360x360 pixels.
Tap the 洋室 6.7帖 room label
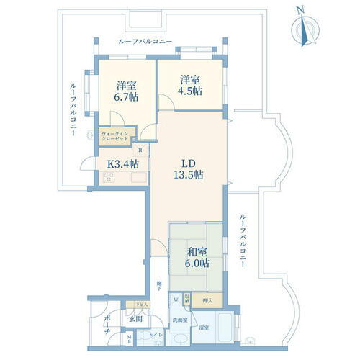click(x=127, y=91)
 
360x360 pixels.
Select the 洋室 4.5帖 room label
click(x=190, y=86)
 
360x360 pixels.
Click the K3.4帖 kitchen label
click(x=122, y=163)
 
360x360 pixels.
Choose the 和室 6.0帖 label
click(x=194, y=258)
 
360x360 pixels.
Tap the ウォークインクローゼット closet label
click(x=116, y=136)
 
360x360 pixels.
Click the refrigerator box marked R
click(x=140, y=150)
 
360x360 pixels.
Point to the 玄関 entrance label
click(x=134, y=317)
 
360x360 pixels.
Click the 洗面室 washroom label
click(x=180, y=319)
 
